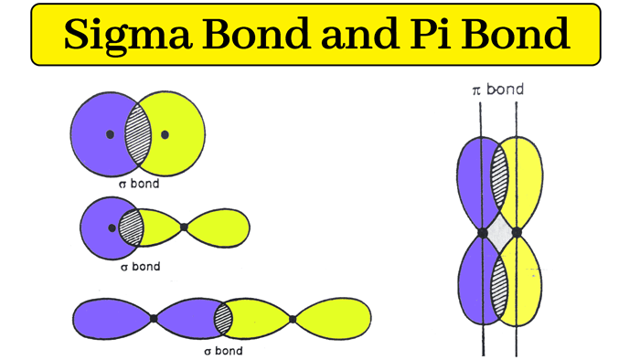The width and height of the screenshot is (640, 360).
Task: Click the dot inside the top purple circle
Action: tap(110, 134)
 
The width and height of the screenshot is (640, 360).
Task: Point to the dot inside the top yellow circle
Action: tap(165, 134)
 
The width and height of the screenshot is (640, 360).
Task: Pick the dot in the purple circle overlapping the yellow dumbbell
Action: tap(112, 226)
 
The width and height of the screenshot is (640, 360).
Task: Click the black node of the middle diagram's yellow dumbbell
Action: tap(184, 227)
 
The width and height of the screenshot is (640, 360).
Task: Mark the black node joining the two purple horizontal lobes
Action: tap(154, 318)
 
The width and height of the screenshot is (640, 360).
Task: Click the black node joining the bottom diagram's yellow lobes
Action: tap(293, 318)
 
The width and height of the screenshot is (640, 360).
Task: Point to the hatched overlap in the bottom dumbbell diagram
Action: tap(223, 318)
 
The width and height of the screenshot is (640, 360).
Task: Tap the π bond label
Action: tap(496, 90)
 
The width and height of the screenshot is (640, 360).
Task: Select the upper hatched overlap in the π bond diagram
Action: tap(500, 176)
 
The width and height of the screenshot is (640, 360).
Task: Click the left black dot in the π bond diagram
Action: tap(483, 232)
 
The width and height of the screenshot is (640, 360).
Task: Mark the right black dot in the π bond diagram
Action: tap(517, 232)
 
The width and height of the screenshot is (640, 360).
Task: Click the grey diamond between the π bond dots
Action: tap(499, 232)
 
